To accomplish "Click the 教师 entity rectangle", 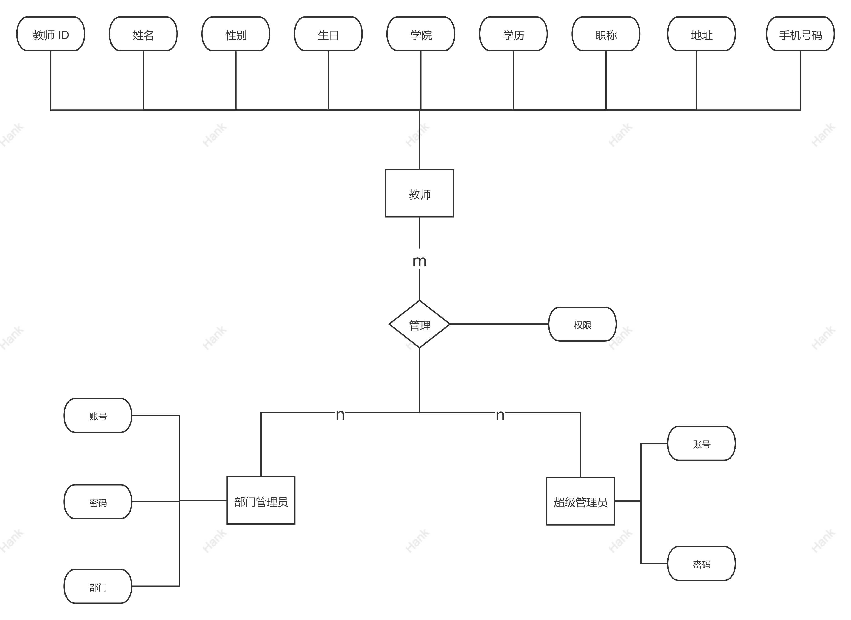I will coord(419,193).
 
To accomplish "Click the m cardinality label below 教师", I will coord(419,259).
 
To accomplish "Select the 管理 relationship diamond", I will coord(419,324).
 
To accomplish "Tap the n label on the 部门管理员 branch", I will coord(340,413).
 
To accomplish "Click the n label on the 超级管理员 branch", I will coord(500,413).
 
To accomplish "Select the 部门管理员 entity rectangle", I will coord(261,501).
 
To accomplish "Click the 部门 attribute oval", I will coord(98,586).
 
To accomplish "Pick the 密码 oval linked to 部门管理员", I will coord(98,502).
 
